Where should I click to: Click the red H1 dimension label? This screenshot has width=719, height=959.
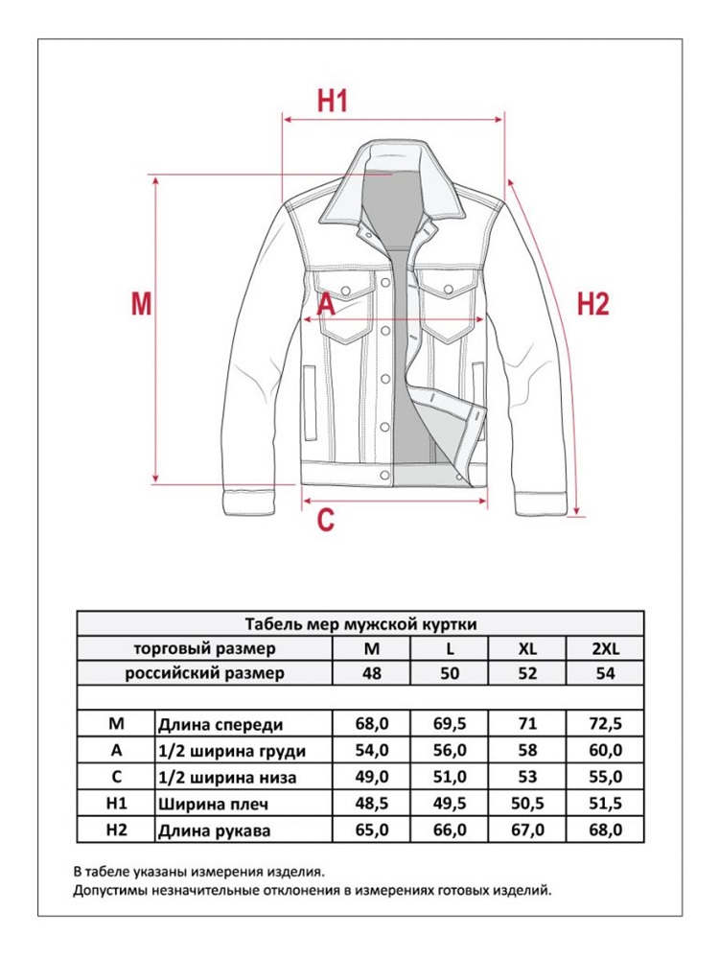[332, 101]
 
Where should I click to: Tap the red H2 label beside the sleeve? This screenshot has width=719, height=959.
[592, 304]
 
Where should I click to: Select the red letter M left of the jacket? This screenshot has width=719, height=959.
[142, 304]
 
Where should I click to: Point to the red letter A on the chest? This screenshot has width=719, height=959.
[325, 304]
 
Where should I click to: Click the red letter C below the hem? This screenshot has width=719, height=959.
[326, 520]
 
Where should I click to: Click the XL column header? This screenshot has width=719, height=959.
[526, 648]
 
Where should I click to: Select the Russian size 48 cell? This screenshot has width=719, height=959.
[372, 673]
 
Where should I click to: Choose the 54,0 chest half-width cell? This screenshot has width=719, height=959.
[372, 750]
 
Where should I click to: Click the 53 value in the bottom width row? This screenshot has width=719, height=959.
[526, 776]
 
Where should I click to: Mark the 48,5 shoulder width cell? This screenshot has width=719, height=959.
[372, 803]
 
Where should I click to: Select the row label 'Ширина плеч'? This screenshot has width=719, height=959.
[205, 803]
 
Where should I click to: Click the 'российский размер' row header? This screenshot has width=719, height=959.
[205, 673]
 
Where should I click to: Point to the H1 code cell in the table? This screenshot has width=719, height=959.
[115, 803]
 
